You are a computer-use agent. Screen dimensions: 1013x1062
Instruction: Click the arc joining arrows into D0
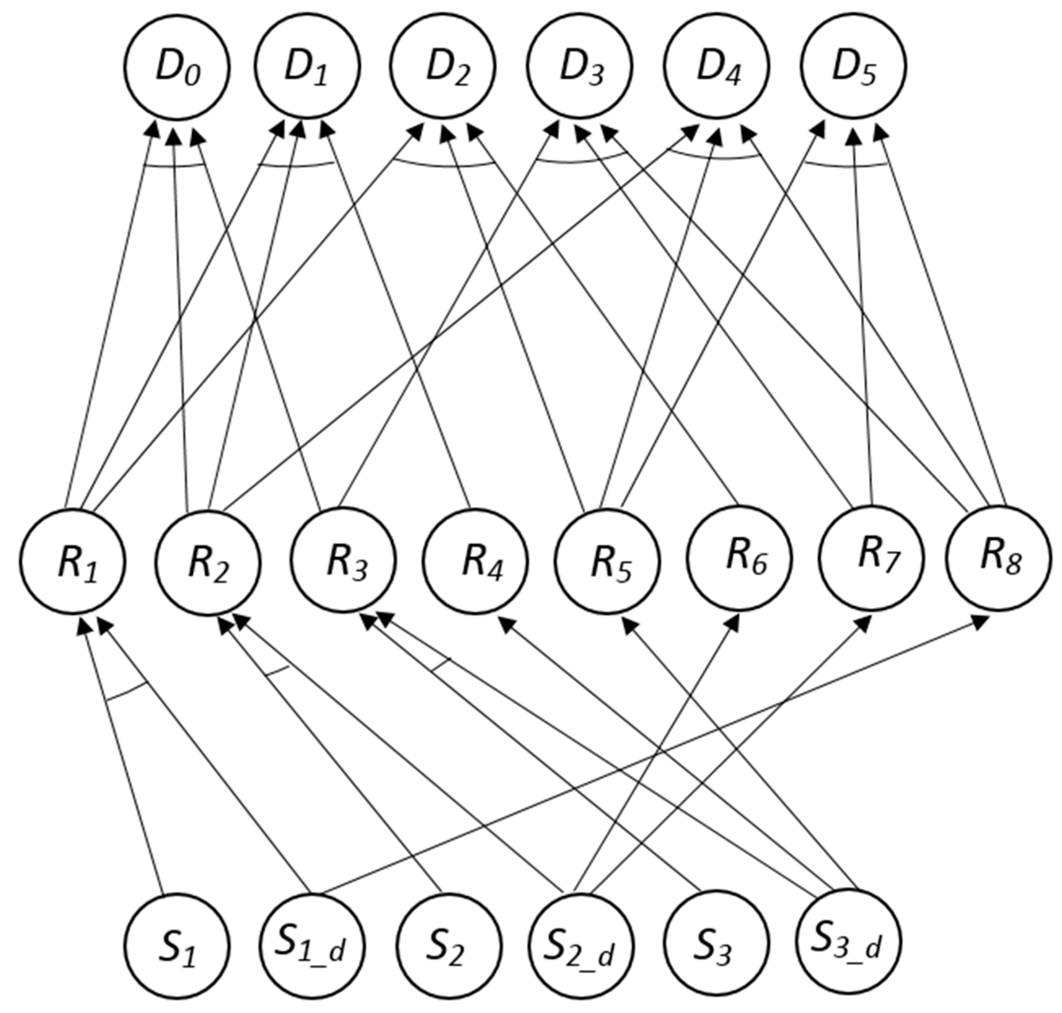(x=176, y=167)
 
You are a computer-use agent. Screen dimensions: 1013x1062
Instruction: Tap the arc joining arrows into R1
(x=127, y=693)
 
